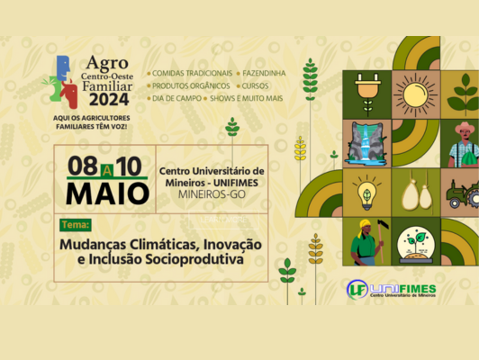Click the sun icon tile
[416, 94]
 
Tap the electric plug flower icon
[367, 94]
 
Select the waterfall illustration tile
[366, 143]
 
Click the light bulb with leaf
[366, 193]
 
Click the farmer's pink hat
[465, 127]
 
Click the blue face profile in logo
[64, 67]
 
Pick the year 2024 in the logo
[109, 99]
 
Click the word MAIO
[107, 193]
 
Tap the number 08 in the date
[83, 166]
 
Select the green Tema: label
[76, 225]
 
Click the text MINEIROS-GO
[212, 194]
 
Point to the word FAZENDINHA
[264, 73]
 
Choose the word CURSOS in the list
[255, 86]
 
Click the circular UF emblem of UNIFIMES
[357, 290]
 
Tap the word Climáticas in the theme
[165, 244]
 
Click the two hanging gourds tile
[416, 193]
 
